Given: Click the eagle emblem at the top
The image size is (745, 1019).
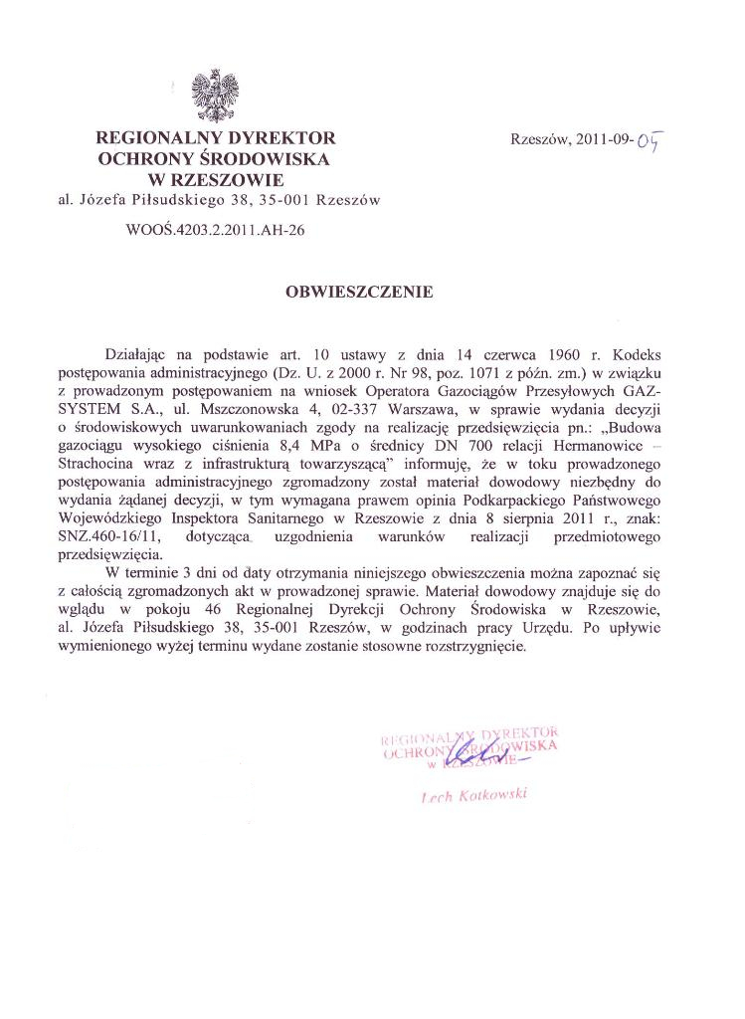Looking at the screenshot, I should (x=215, y=97).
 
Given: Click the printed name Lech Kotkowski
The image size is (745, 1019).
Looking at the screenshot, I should (x=473, y=795).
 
